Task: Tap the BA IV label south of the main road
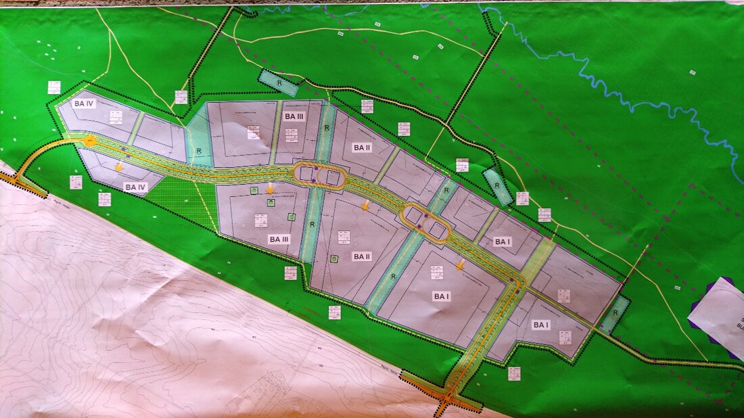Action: click(x=135, y=186)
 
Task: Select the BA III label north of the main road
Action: click(x=294, y=116)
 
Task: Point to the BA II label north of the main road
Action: click(x=363, y=147)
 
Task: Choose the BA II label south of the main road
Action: click(x=361, y=256)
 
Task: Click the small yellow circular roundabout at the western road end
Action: click(x=89, y=141)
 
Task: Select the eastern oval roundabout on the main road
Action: click(x=427, y=223)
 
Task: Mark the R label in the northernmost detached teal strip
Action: click(x=279, y=83)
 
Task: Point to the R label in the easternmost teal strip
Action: click(x=615, y=315)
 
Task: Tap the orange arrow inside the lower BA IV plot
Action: click(x=119, y=166)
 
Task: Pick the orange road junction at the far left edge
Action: click(x=17, y=181)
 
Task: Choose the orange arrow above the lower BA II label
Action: click(x=365, y=205)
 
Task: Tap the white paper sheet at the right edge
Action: click(x=720, y=315)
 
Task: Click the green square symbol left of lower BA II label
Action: click(x=334, y=258)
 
